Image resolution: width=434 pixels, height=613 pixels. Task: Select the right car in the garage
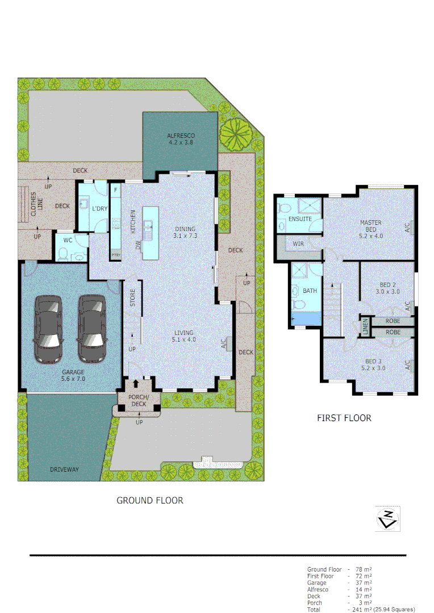click(93, 329)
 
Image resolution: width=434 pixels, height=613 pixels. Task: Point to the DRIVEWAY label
click(64, 469)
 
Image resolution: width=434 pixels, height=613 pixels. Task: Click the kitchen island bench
click(151, 233)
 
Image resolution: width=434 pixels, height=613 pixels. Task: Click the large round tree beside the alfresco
click(235, 133)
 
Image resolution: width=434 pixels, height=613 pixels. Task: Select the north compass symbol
click(387, 518)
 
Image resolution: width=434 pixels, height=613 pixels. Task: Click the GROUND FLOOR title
click(150, 501)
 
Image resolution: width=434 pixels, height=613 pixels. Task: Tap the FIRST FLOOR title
click(344, 418)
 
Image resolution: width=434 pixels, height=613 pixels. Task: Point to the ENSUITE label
click(300, 219)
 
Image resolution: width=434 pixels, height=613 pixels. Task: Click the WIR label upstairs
click(299, 245)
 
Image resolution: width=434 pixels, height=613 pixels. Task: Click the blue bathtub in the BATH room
click(306, 320)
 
